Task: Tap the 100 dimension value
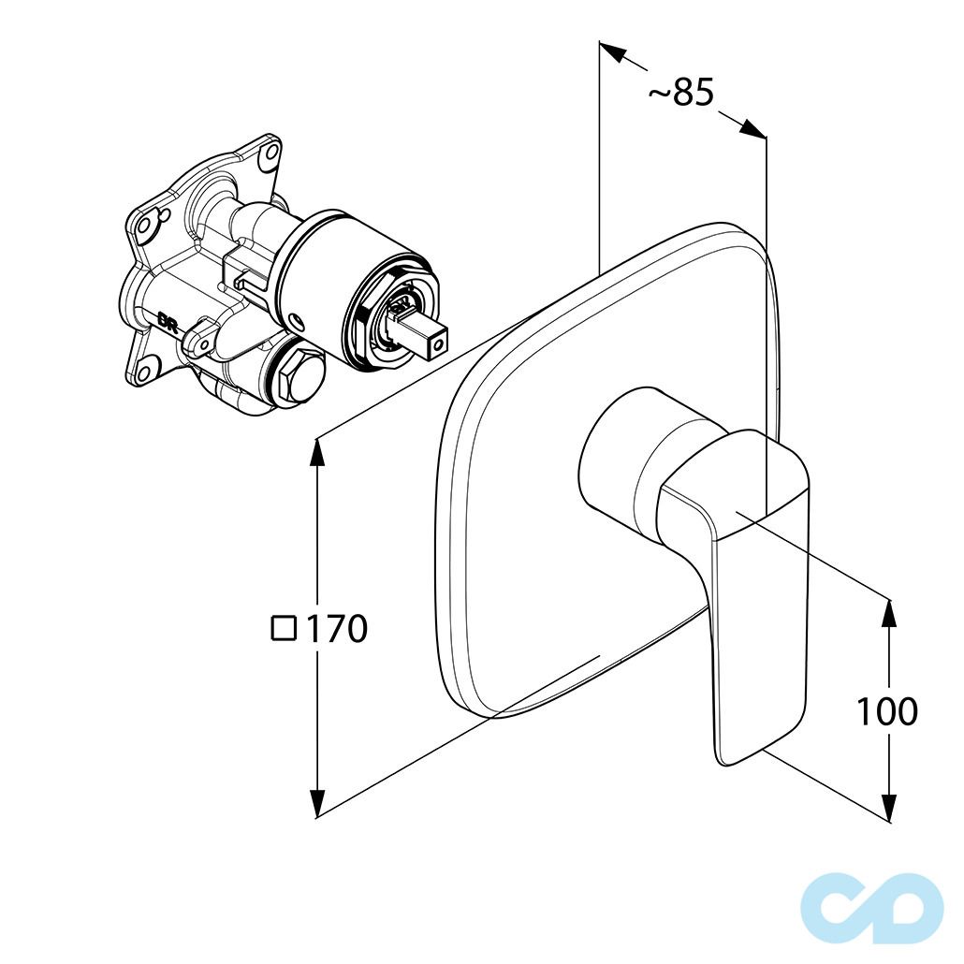click(x=886, y=712)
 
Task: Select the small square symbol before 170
click(x=283, y=629)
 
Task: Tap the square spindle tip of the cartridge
click(x=431, y=338)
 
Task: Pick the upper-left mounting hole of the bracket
click(x=144, y=224)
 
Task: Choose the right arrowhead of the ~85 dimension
click(x=752, y=130)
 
